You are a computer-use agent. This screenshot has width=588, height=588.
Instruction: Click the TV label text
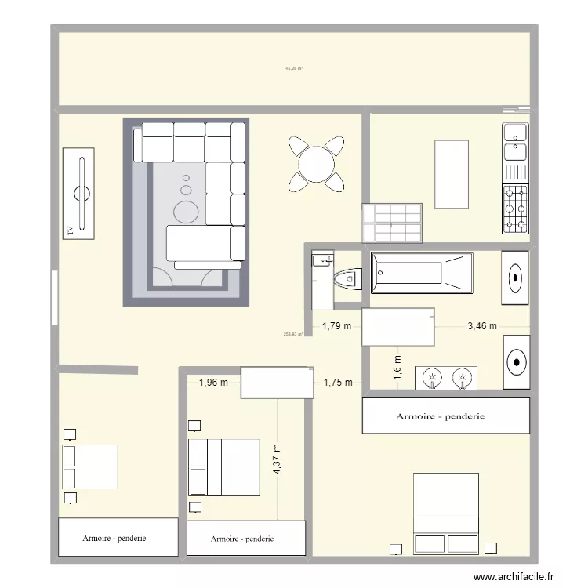(70, 230)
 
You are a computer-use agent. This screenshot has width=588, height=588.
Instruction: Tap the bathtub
(421, 273)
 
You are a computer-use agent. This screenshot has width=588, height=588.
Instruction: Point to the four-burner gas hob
(515, 209)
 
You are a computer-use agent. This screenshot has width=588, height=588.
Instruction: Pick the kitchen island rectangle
(452, 174)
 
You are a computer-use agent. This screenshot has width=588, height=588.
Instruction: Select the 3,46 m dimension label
(481, 327)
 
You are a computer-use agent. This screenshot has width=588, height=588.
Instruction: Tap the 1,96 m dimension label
(213, 383)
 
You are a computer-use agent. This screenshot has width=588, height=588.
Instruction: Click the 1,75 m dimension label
(337, 383)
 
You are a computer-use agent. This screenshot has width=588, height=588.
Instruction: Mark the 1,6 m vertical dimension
(397, 367)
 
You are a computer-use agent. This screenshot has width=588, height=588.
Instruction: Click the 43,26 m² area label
(294, 69)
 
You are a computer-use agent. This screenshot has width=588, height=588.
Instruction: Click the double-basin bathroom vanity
(446, 378)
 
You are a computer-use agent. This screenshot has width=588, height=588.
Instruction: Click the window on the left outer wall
(53, 297)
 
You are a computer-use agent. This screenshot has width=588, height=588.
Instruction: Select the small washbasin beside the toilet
(321, 261)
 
